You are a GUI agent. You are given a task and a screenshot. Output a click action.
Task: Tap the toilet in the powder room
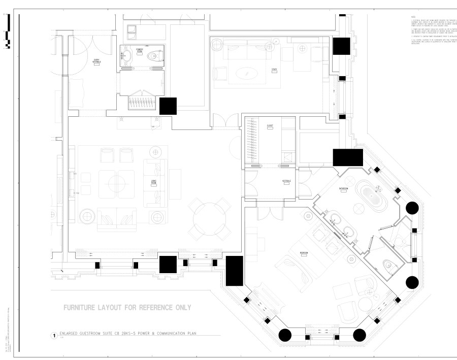tap(154, 57)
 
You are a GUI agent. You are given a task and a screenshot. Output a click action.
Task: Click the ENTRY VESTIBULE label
tap(96, 61)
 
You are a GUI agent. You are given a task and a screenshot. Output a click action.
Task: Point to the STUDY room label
tap(274, 70)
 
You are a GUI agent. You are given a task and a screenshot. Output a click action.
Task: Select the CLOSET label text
tap(270, 125)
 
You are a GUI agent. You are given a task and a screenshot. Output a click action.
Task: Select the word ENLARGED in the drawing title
tap(71, 333)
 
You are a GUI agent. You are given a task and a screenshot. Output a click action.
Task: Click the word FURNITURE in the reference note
tap(80, 307)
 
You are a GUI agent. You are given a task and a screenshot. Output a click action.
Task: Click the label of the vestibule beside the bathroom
tap(286, 182)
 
